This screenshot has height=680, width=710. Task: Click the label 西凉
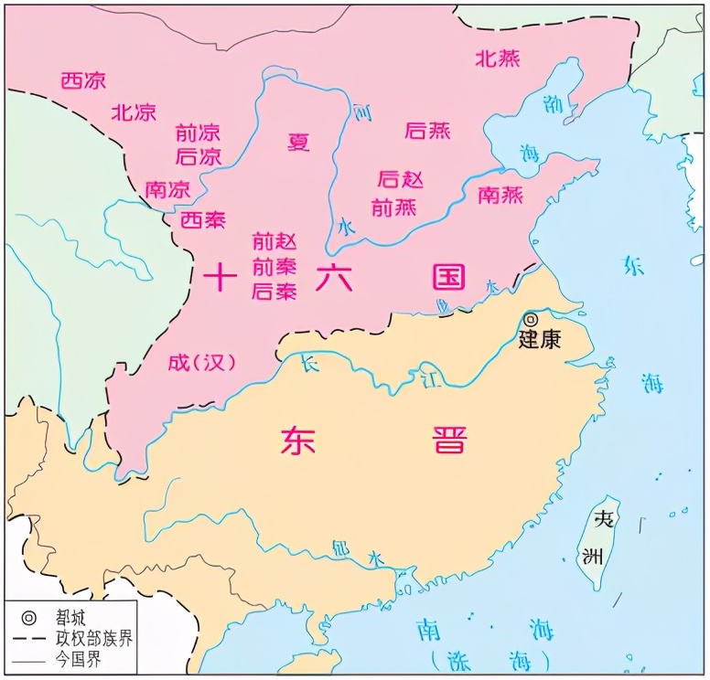[x=83, y=80]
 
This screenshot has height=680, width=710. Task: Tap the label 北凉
[x=134, y=112]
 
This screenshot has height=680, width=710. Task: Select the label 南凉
[x=167, y=190]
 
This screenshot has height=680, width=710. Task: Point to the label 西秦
[x=202, y=219]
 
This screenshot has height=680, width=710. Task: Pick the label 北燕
[x=498, y=58]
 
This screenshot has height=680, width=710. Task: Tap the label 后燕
[x=427, y=130]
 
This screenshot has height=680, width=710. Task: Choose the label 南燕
[x=500, y=195]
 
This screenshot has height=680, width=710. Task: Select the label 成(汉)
[x=201, y=362]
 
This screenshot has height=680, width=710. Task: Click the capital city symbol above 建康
[x=531, y=319]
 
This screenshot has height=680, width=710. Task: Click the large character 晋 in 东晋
[x=448, y=440]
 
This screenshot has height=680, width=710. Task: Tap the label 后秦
[x=274, y=292]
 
